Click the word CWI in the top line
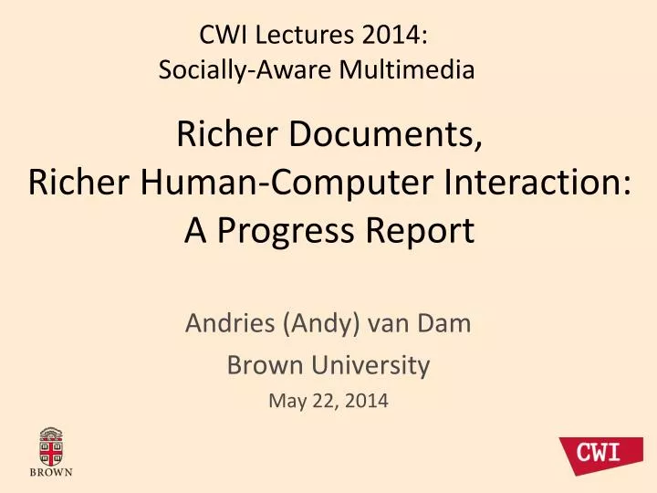tap(221, 36)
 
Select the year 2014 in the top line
tap(390, 36)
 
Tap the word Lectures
tap(298, 36)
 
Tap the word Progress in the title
tap(293, 231)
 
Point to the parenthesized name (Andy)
tap(320, 323)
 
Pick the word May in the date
tap(287, 402)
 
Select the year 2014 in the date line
tap(366, 402)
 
